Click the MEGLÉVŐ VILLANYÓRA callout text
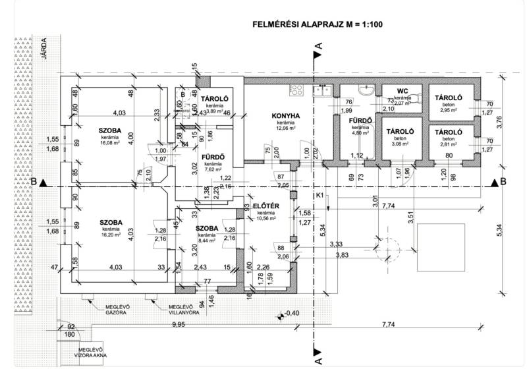(x=184, y=309)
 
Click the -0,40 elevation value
(x=292, y=312)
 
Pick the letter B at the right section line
(x=503, y=181)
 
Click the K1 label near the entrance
(x=319, y=196)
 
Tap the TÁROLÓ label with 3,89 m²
(x=215, y=98)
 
